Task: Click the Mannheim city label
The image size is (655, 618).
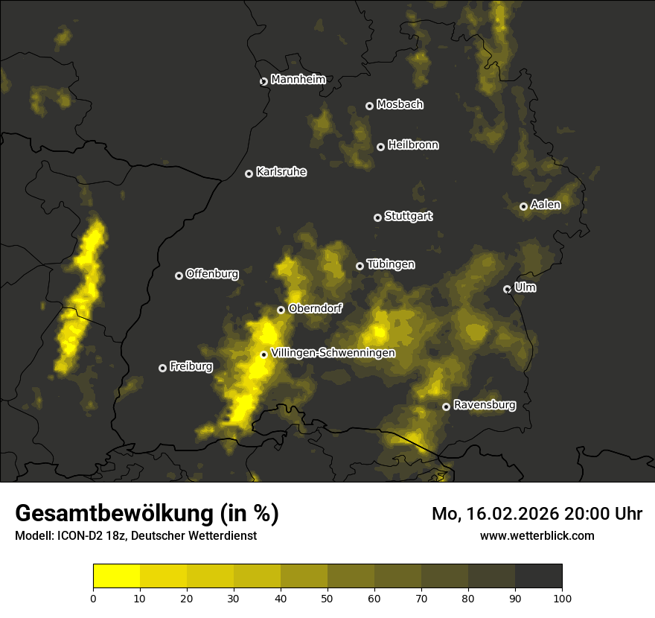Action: click(x=298, y=80)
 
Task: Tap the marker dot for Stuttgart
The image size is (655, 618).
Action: click(x=377, y=217)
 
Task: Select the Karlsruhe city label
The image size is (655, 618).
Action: click(x=281, y=172)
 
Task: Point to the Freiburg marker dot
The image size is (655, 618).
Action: click(x=163, y=368)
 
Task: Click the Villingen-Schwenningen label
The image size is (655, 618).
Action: click(x=333, y=353)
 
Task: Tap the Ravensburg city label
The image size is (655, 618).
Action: click(x=485, y=405)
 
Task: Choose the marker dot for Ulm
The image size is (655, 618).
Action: click(x=507, y=289)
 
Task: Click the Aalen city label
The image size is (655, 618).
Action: click(x=546, y=205)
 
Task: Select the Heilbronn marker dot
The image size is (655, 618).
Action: click(x=380, y=147)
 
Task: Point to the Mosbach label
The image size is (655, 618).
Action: click(x=400, y=104)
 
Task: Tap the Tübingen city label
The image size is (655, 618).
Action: click(x=391, y=264)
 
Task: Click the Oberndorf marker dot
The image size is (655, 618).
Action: click(x=281, y=310)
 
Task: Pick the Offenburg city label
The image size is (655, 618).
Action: click(x=212, y=274)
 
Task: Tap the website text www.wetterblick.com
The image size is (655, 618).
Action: click(x=537, y=535)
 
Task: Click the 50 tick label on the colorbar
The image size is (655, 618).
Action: click(x=327, y=597)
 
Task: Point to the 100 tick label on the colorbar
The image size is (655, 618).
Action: click(x=562, y=597)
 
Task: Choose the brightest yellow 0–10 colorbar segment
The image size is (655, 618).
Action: click(x=116, y=576)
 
